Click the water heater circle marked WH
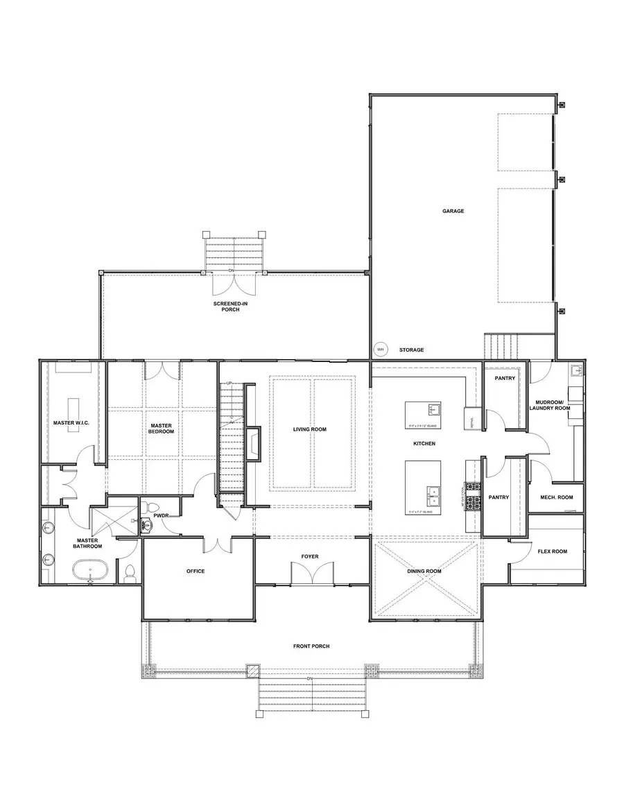pyautogui.click(x=379, y=350)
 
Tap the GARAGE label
pyautogui.click(x=453, y=211)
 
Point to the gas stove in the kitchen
pyautogui.click(x=476, y=495)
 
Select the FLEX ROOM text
pyautogui.click(x=552, y=551)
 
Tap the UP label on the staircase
pyautogui.click(x=229, y=383)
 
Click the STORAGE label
pyautogui.click(x=411, y=350)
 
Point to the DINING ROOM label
pyautogui.click(x=424, y=571)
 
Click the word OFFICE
pyautogui.click(x=196, y=571)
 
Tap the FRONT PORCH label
pyautogui.click(x=311, y=646)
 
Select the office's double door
pyautogui.click(x=218, y=544)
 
